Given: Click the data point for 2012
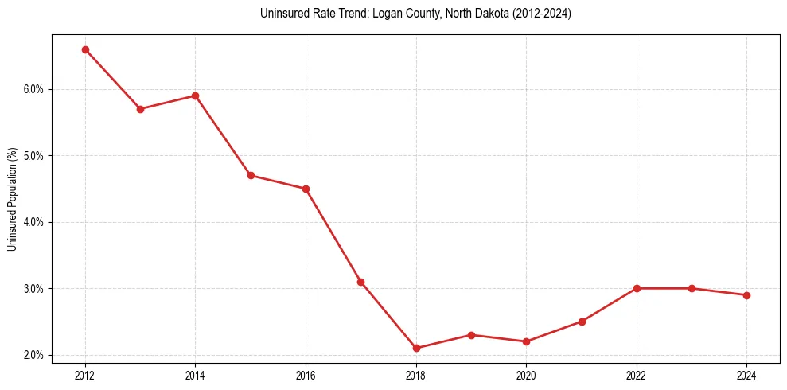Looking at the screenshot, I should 85,49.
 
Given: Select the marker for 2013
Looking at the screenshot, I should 140,109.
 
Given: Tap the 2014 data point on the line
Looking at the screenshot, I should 195,96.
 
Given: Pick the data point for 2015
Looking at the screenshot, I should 251,175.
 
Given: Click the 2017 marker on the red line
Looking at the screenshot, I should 360,282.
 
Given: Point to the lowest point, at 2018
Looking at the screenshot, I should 416,348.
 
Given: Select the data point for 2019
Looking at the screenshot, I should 471,335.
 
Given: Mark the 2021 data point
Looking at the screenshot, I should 582,322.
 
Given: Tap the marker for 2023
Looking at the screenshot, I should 692,288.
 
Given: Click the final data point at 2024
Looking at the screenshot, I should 746,295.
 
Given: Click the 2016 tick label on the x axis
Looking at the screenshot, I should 306,375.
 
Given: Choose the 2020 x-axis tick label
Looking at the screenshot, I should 526,375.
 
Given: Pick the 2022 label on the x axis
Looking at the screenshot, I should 637,375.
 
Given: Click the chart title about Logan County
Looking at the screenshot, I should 415,14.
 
